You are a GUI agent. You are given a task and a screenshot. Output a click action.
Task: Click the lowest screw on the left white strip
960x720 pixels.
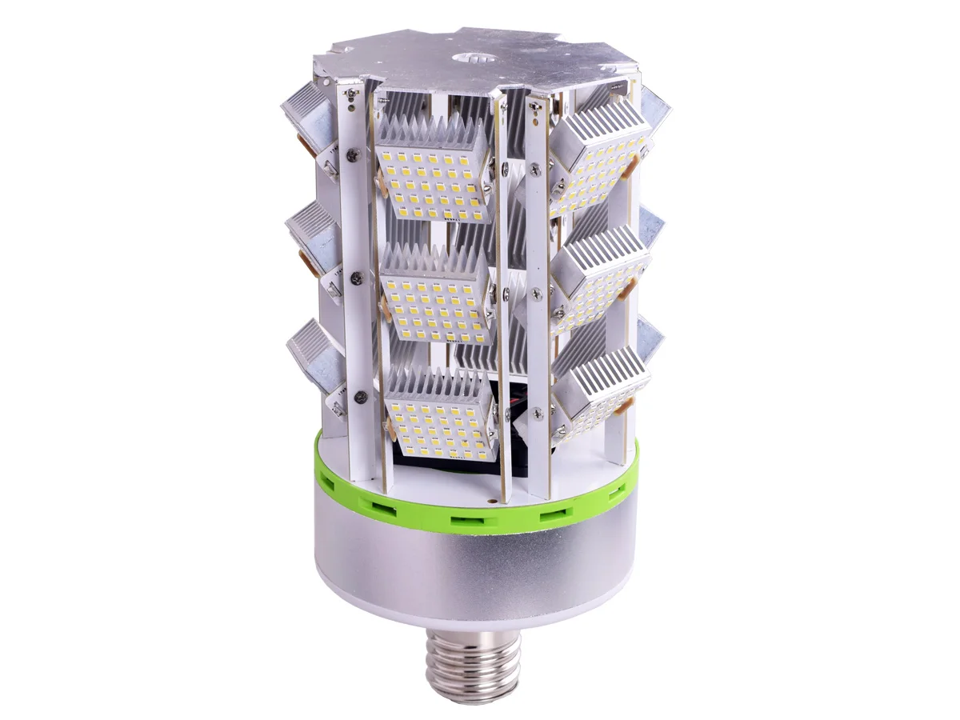(x=361, y=394)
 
